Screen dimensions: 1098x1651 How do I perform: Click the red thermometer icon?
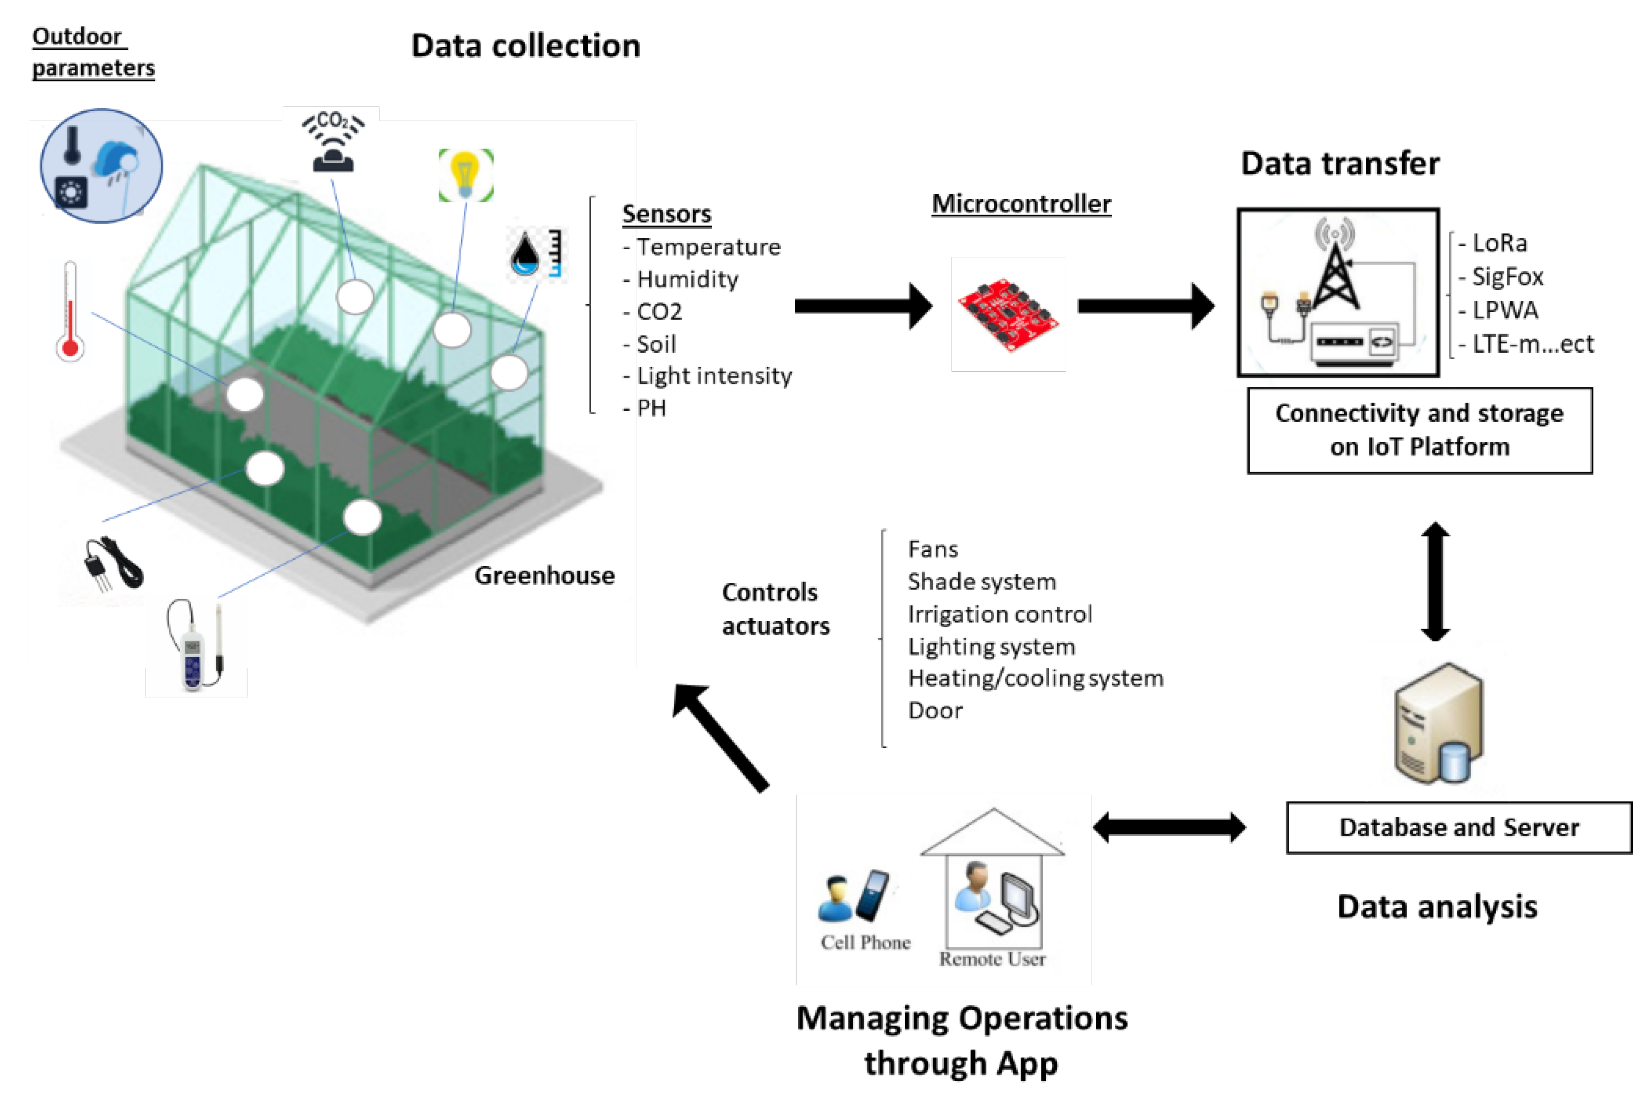pyautogui.click(x=70, y=312)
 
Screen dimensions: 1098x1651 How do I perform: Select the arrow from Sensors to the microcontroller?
pyautogui.click(x=861, y=306)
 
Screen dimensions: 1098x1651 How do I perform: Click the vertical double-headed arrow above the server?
pyautogui.click(x=1434, y=581)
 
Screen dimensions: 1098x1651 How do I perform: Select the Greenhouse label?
pyautogui.click(x=544, y=576)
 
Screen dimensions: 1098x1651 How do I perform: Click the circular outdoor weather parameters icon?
pyautogui.click(x=102, y=166)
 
